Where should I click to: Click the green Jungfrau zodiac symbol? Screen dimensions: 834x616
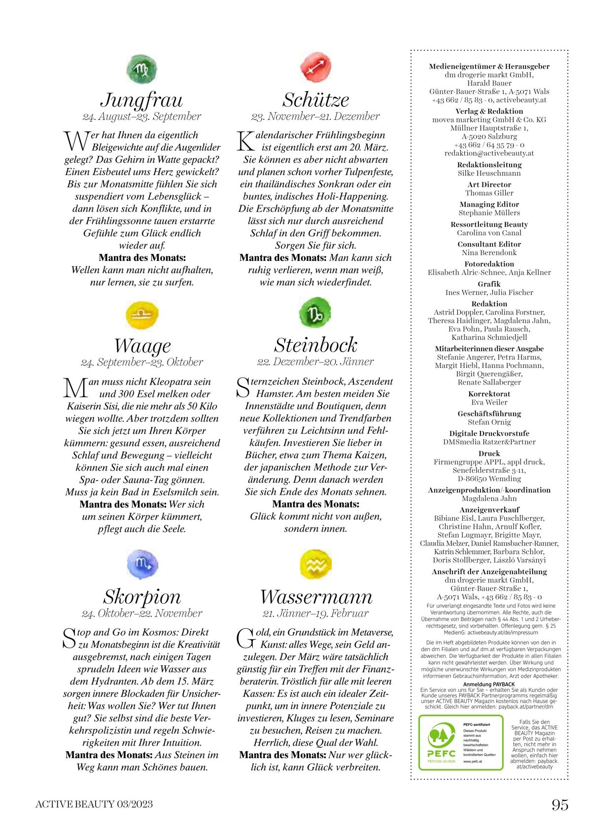pos(141,70)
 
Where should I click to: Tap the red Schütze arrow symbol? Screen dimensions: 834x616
pos(315,67)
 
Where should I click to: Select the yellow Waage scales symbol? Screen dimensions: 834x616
pos(142,315)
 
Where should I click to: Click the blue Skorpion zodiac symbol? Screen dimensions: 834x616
pos(142,564)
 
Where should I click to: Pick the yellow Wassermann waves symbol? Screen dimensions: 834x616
pos(315,564)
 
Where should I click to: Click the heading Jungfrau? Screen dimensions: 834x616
pos(141,100)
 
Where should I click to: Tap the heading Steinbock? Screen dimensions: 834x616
pos(315,345)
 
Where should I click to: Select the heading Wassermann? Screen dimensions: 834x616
pos(316,597)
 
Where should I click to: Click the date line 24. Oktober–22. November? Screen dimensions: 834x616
pos(142,613)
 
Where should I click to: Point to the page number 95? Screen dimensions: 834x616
pos(560,805)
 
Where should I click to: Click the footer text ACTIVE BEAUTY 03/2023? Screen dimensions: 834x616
pos(94,804)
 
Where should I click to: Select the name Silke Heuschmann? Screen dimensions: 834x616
pos(489,173)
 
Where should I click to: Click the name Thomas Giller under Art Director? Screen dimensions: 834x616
pos(489,193)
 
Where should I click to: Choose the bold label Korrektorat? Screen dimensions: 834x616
pos(489,394)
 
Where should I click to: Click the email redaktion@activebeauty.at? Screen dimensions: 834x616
pos(489,153)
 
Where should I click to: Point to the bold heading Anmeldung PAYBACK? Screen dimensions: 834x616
pos(489,684)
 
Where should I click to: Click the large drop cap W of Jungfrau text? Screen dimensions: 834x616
pos(76,141)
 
